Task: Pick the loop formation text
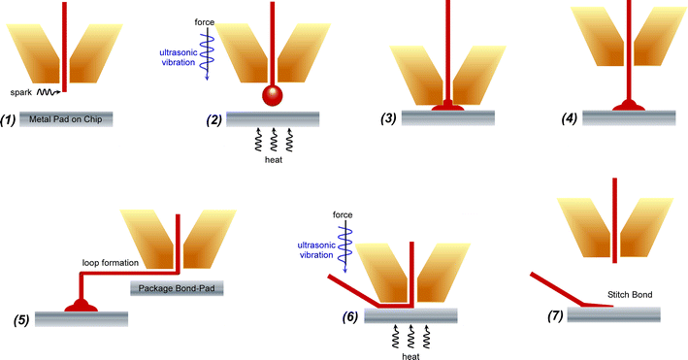pyautogui.click(x=106, y=263)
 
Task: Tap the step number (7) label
pyautogui.click(x=553, y=315)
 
